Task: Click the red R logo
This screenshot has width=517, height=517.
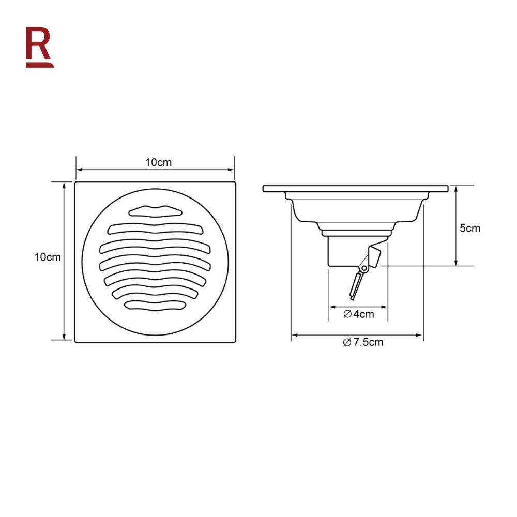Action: (x=39, y=47)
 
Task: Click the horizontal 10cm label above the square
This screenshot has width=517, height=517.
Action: (x=159, y=162)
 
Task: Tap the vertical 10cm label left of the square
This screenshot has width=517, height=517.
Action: (x=48, y=257)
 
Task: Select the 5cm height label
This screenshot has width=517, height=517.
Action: (x=470, y=228)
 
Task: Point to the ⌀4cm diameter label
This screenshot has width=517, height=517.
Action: (x=359, y=314)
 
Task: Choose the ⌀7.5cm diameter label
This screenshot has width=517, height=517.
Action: (x=363, y=342)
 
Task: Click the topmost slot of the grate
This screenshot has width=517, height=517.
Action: (x=155, y=211)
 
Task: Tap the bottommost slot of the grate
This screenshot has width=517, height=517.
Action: (x=154, y=306)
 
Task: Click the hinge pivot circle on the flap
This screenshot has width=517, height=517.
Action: (x=364, y=268)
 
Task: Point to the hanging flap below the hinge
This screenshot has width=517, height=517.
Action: (x=356, y=286)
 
